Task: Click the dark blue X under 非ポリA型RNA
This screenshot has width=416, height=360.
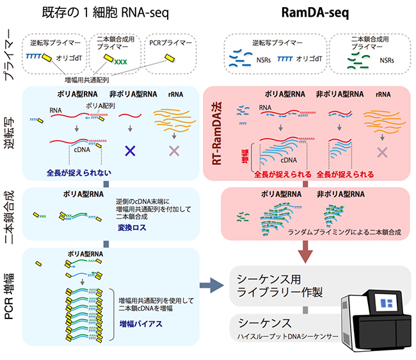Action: tap(131, 152)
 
